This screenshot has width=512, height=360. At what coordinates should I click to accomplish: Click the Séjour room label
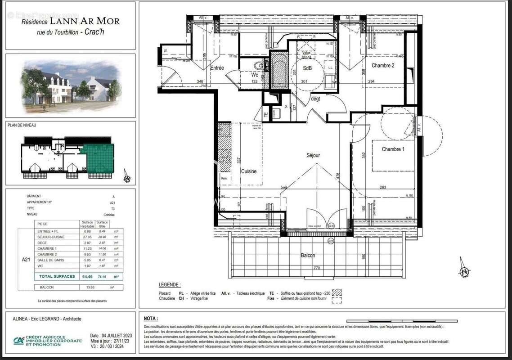pos(313,155)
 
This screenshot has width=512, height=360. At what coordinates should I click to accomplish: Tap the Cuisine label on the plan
pos(248,171)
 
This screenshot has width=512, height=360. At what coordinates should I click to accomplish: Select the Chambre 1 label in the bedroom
pos(393,149)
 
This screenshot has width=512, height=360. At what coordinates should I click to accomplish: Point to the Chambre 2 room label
pos(383,66)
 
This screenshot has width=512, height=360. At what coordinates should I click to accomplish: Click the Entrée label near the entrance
pos(217,68)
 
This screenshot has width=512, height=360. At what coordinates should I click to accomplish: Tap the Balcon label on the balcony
pos(308,256)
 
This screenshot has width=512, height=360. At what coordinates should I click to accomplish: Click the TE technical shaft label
pos(265,114)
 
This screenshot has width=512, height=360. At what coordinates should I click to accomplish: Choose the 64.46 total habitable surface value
pos(87,276)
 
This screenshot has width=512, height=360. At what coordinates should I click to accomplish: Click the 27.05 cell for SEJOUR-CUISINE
pos(87,237)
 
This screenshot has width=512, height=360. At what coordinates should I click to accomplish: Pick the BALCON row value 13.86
pos(87,287)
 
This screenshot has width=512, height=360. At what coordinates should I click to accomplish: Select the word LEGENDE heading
pos(170,285)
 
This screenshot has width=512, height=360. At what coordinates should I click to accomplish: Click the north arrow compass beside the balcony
pos(464,271)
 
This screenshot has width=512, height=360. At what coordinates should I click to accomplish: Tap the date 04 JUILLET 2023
pos(111,336)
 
